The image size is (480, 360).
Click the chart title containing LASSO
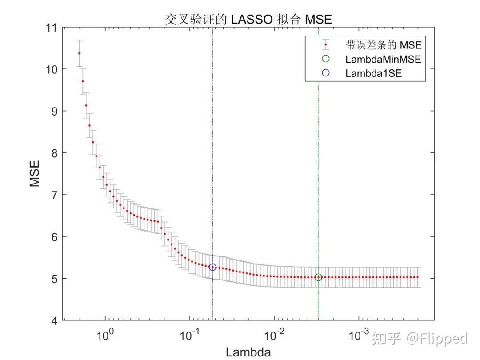point(248,20)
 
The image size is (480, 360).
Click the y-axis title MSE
point(35,174)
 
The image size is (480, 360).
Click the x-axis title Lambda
point(248,352)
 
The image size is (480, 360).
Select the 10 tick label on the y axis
point(53,69)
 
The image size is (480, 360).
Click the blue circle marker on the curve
point(212,267)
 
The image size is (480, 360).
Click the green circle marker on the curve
point(318,277)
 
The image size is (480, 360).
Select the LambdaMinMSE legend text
point(383,59)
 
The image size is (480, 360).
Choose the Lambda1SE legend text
point(373,74)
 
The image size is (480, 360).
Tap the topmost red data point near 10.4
point(79,53)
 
